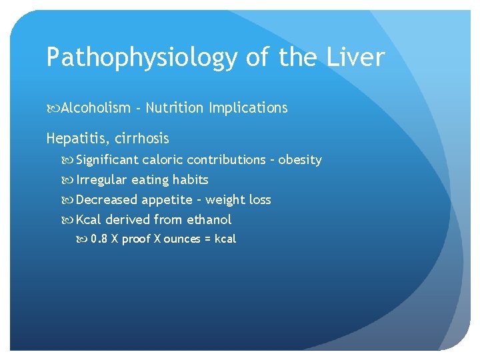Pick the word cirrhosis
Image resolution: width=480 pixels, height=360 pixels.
point(142,139)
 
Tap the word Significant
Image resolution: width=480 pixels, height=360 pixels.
point(107,160)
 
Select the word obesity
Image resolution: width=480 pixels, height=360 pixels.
point(300,160)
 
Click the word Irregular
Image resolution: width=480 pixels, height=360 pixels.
point(102,180)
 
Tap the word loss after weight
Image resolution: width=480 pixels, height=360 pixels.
point(257,200)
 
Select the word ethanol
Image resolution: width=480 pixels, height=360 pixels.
point(209,219)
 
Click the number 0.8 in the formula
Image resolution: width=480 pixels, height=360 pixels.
point(99,239)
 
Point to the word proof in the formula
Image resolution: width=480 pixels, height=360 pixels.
point(136,239)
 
